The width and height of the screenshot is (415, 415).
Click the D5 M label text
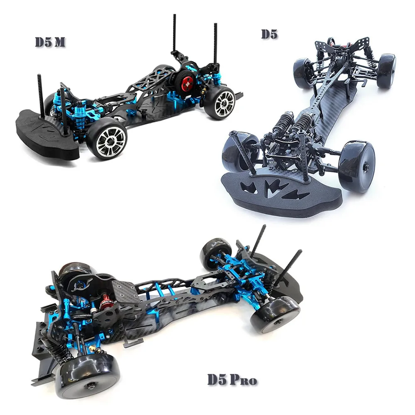coord(50,43)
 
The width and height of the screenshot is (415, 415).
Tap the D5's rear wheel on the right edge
coord(386,71)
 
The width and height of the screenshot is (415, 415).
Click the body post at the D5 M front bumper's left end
coord(40,95)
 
